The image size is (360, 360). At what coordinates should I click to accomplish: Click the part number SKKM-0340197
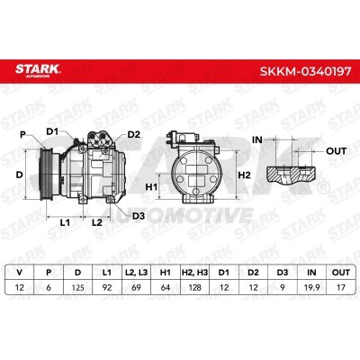[x=305, y=72]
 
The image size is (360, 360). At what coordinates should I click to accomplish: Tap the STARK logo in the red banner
[x=38, y=70]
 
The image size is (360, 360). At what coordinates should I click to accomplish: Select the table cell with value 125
[x=77, y=287]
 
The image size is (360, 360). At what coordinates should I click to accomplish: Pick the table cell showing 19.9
[x=311, y=287]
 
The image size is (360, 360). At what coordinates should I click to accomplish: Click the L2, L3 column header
[x=136, y=273]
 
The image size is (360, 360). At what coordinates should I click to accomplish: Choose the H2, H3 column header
[x=194, y=273]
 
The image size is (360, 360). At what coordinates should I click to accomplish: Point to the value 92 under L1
[x=107, y=287]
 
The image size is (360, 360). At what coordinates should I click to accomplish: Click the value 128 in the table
[x=194, y=287]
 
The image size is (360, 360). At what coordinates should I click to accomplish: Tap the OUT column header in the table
[x=341, y=273]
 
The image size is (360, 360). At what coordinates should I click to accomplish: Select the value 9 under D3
[x=283, y=287]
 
